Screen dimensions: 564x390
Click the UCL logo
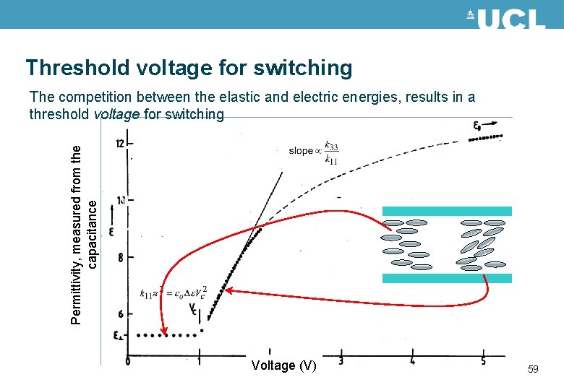[505, 17]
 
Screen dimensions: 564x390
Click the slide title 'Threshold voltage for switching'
[189, 68]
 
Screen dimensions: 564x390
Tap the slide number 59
[533, 370]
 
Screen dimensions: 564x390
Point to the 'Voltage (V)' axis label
[283, 365]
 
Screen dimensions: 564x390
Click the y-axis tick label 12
[119, 144]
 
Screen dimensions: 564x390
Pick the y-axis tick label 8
[119, 257]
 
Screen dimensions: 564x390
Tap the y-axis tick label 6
[119, 313]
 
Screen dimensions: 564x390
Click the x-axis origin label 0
[127, 360]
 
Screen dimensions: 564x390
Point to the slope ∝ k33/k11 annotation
[312, 151]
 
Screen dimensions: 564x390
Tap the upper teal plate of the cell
[446, 211]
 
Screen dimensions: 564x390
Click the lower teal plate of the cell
[446, 278]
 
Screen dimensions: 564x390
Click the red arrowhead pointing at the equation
[227, 290]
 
